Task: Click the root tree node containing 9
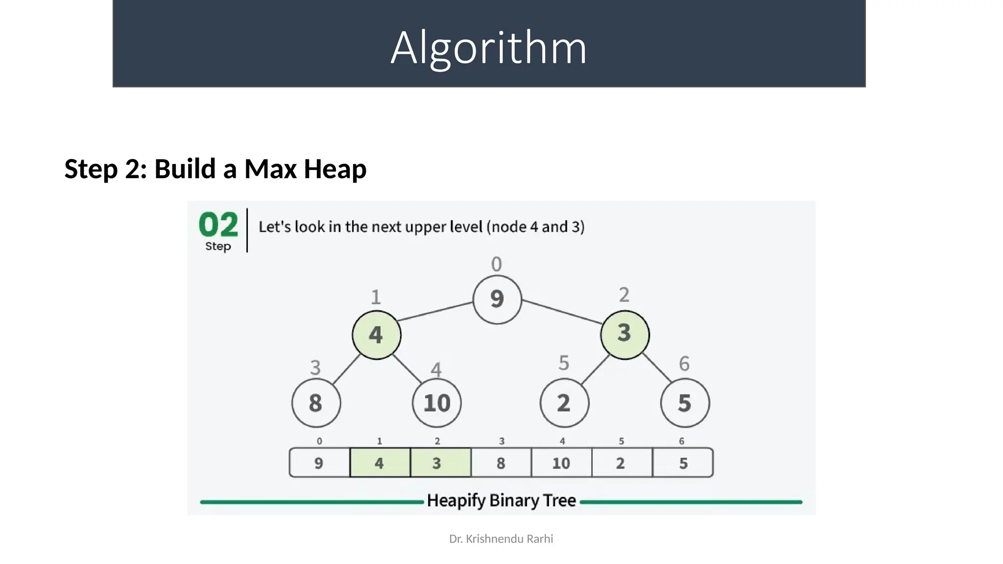pos(497,299)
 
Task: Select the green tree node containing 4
pos(376,335)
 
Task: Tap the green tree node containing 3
pos(624,334)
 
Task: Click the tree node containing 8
pos(316,403)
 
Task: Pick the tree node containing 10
pos(436,403)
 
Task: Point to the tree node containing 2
pos(564,403)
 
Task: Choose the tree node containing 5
pos(685,403)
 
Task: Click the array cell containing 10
pos(561,463)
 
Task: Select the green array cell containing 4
pos(380,463)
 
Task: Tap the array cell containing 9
pos(319,463)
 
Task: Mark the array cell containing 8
pos(501,463)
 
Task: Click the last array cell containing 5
pos(683,463)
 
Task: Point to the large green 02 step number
pos(218,225)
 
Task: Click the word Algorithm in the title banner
pos(489,47)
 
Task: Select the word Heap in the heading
pos(335,169)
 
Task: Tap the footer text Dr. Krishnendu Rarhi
pos(501,539)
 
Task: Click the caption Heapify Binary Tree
pos(501,501)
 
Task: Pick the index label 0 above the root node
pos(497,264)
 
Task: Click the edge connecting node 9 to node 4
pos(436,311)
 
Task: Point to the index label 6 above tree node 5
pos(684,364)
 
